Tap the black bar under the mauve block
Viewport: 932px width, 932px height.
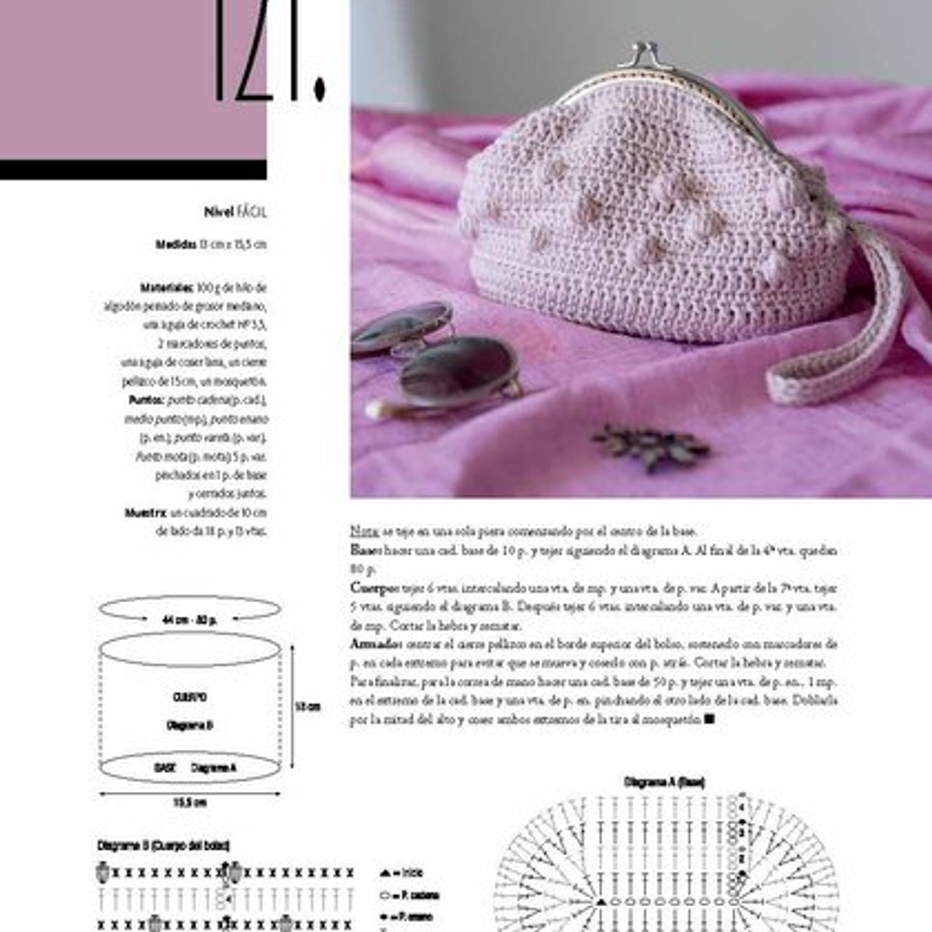pos(133,169)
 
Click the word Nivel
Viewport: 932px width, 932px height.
pos(219,212)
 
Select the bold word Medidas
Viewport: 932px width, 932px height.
pos(176,244)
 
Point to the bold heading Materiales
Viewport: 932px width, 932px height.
pos(167,287)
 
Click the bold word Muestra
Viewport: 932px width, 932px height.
pos(145,512)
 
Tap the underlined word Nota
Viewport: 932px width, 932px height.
pos(363,531)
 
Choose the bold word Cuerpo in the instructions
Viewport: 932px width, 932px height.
pos(372,588)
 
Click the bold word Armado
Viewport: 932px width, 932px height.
pos(375,644)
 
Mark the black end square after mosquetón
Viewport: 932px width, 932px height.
pos(709,719)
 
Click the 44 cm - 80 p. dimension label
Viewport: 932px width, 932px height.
pos(189,619)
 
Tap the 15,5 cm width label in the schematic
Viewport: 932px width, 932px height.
pos(190,802)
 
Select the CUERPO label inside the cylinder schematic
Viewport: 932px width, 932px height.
pos(190,696)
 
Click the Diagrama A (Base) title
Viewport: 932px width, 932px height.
pos(663,782)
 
